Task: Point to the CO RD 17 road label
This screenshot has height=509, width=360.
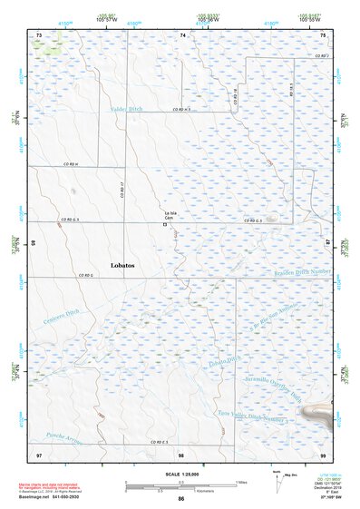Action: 121,190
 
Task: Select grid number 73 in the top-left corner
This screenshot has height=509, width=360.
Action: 39,34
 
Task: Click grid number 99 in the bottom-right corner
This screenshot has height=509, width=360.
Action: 323,452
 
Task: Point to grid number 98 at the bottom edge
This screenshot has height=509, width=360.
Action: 181,452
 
